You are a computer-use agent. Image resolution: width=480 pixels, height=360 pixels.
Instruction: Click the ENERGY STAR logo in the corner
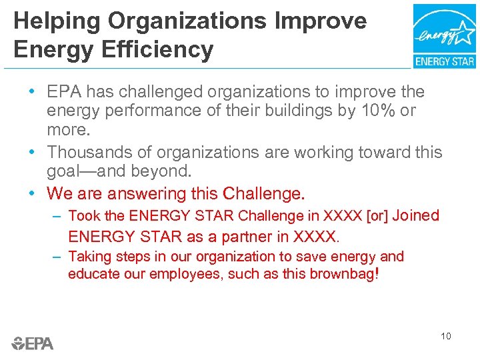pos(444,35)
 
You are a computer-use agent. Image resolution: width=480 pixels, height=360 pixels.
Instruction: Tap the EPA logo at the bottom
pos(33,343)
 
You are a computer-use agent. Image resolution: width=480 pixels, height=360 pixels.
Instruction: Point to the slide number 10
pos(445,336)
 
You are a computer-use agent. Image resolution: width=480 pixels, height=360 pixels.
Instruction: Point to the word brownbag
pos(343,274)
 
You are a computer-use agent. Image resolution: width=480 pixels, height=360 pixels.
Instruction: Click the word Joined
pos(416,215)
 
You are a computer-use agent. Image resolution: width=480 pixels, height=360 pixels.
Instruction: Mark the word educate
pos(93,274)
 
